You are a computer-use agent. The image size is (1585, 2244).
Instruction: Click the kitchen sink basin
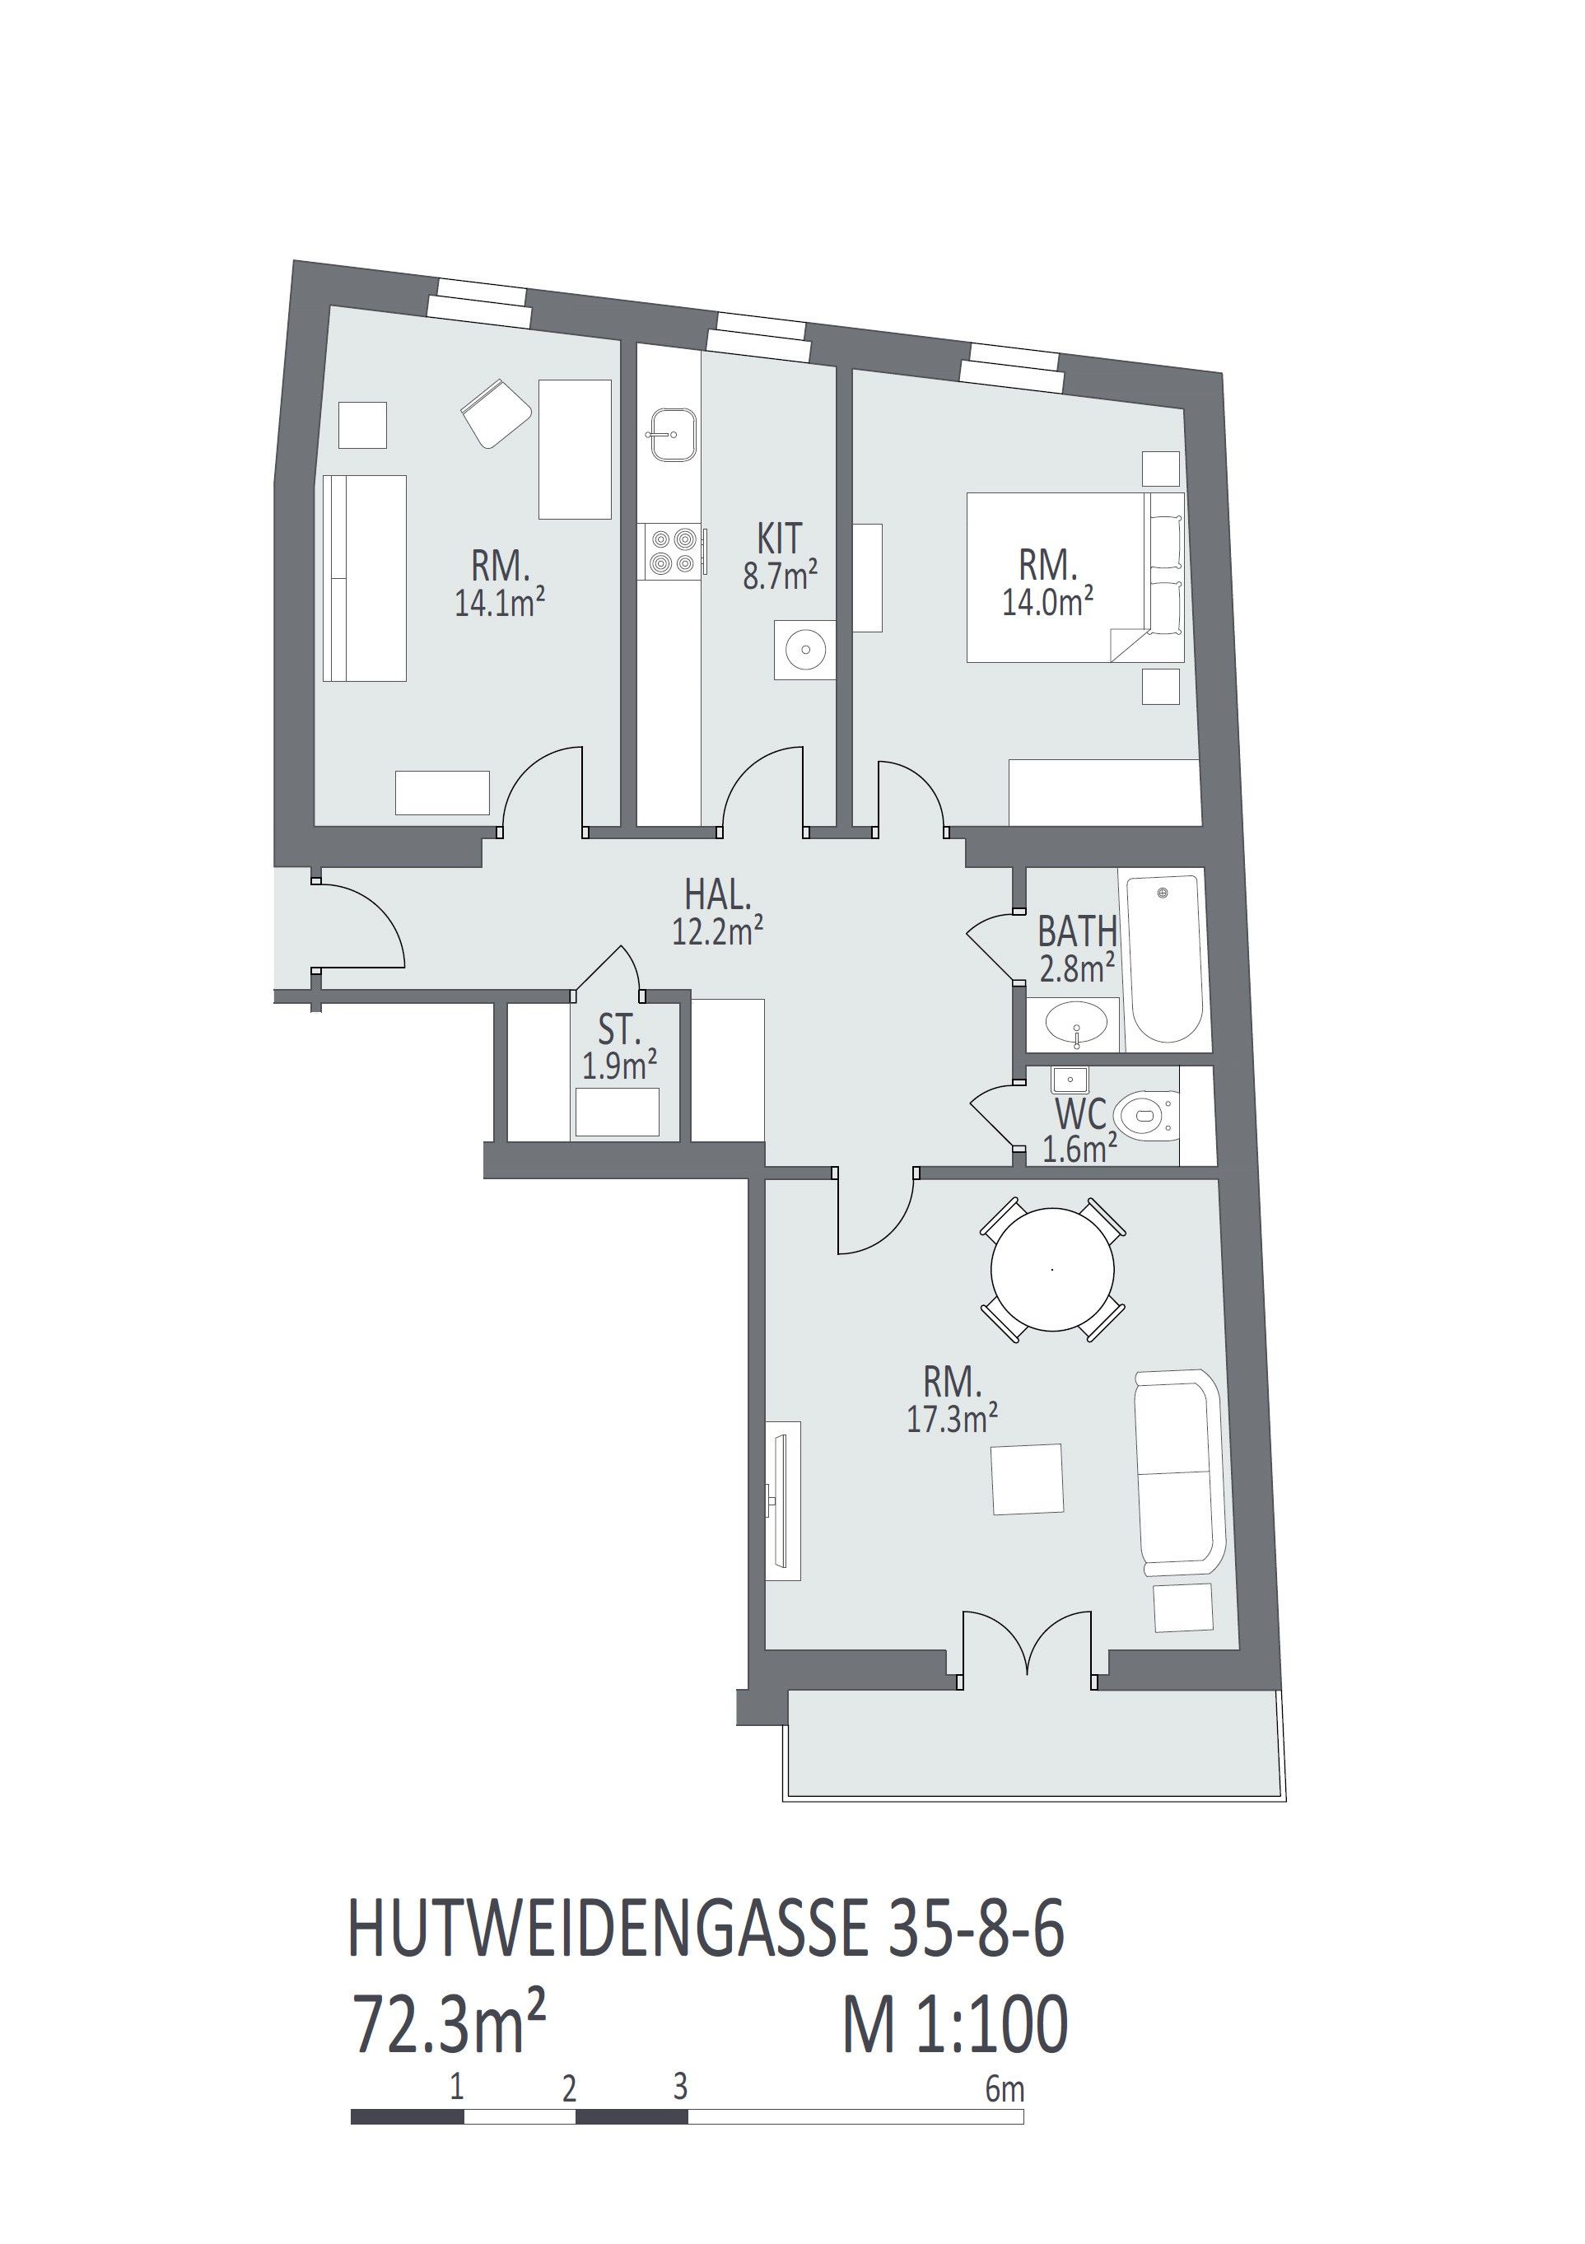point(671,434)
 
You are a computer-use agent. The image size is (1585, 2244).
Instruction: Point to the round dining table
point(1051,1270)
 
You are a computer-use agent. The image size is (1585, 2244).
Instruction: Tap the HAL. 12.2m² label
point(717,912)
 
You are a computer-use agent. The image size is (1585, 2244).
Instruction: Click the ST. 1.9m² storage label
point(619,1047)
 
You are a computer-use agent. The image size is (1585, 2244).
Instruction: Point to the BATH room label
point(1077,931)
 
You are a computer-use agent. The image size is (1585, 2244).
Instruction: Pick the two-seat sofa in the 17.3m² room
point(1178,1472)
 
